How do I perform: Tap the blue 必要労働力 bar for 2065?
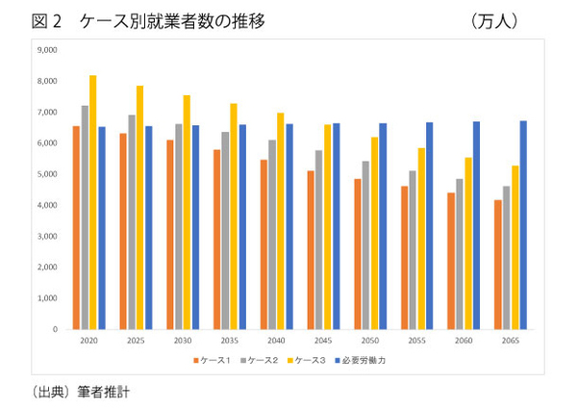(x=525, y=225)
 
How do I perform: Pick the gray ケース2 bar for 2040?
(x=271, y=235)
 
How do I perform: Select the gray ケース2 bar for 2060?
(x=460, y=254)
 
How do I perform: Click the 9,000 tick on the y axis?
(x=45, y=50)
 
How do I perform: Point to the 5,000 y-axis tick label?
(x=45, y=174)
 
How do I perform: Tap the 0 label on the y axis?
(x=55, y=329)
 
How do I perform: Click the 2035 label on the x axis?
(x=230, y=340)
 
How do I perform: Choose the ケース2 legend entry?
(x=263, y=360)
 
